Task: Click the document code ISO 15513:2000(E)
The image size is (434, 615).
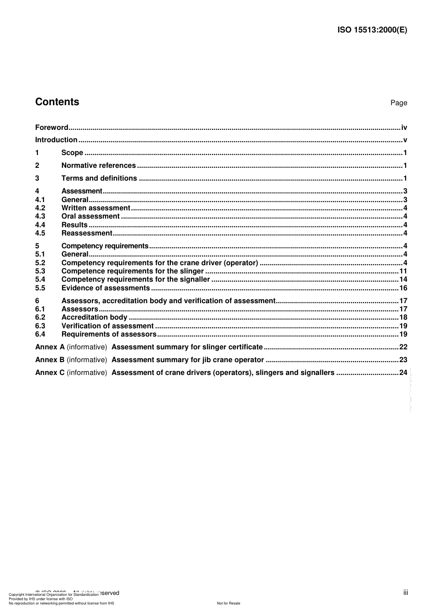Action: [372, 30]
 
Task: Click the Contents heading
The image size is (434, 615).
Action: [57, 102]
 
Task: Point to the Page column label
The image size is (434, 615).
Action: [398, 103]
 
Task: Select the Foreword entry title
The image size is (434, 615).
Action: [52, 128]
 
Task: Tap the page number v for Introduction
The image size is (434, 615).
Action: [405, 140]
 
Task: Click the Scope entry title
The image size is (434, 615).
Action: [72, 153]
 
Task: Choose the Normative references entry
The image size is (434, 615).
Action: [98, 166]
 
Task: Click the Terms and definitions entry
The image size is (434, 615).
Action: [99, 178]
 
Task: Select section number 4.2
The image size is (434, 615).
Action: [40, 208]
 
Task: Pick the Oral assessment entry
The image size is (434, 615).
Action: [90, 216]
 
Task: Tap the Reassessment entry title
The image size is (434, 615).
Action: [86, 233]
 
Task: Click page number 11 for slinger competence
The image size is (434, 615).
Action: [403, 271]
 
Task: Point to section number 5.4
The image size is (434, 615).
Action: [40, 279]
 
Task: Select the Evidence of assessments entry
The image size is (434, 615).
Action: [106, 288]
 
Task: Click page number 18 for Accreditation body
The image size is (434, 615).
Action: [403, 317]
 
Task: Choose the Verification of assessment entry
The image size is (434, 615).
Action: [107, 326]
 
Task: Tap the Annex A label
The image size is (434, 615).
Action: [50, 347]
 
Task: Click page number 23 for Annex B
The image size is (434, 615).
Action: [403, 360]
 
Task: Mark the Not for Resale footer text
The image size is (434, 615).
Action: [228, 603]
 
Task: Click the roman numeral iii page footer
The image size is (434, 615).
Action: [405, 593]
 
